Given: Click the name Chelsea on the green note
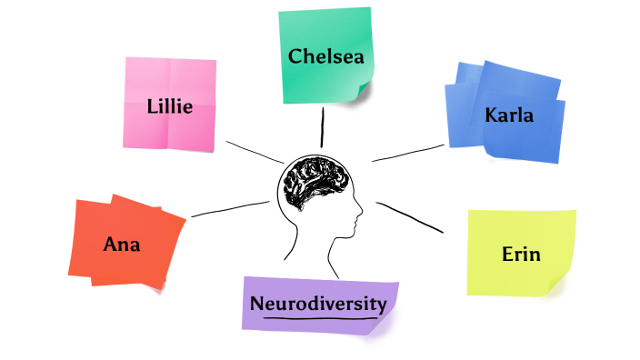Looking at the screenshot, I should click(x=325, y=56).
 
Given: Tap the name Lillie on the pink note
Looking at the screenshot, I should click(x=169, y=106).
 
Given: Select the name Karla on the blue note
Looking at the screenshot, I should click(x=509, y=115).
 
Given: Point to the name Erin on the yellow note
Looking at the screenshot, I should click(x=521, y=254).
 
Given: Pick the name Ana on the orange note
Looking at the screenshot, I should click(x=122, y=244).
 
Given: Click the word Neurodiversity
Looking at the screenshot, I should click(x=318, y=304).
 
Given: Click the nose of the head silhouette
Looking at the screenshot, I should click(x=360, y=215).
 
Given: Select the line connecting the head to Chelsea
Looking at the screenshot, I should click(x=322, y=127).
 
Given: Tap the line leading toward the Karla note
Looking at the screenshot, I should click(x=409, y=152).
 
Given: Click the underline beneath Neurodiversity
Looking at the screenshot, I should click(x=318, y=317).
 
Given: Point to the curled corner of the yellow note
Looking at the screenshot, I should click(x=565, y=278).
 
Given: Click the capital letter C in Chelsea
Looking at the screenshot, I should click(x=295, y=56).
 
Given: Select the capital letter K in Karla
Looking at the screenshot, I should click(x=491, y=115).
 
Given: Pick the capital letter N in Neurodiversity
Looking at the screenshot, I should click(x=257, y=304).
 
